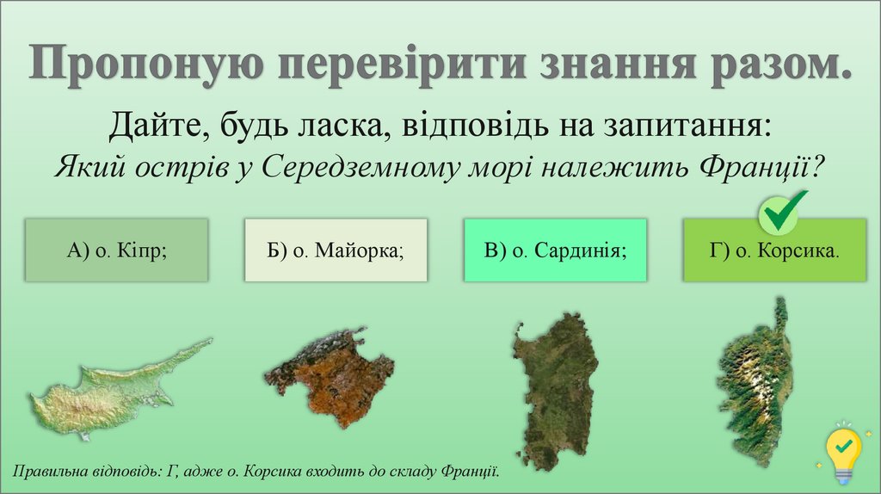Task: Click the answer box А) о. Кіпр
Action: (116, 250)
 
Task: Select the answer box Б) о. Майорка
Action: (336, 250)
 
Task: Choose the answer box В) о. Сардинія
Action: (555, 250)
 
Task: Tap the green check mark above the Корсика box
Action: (783, 211)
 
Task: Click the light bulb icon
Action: (844, 450)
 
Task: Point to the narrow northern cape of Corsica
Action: (781, 314)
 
